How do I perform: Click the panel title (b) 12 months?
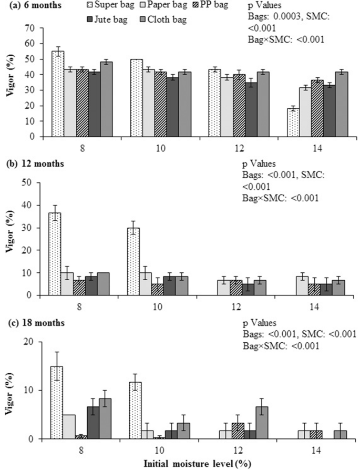(34, 164)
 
